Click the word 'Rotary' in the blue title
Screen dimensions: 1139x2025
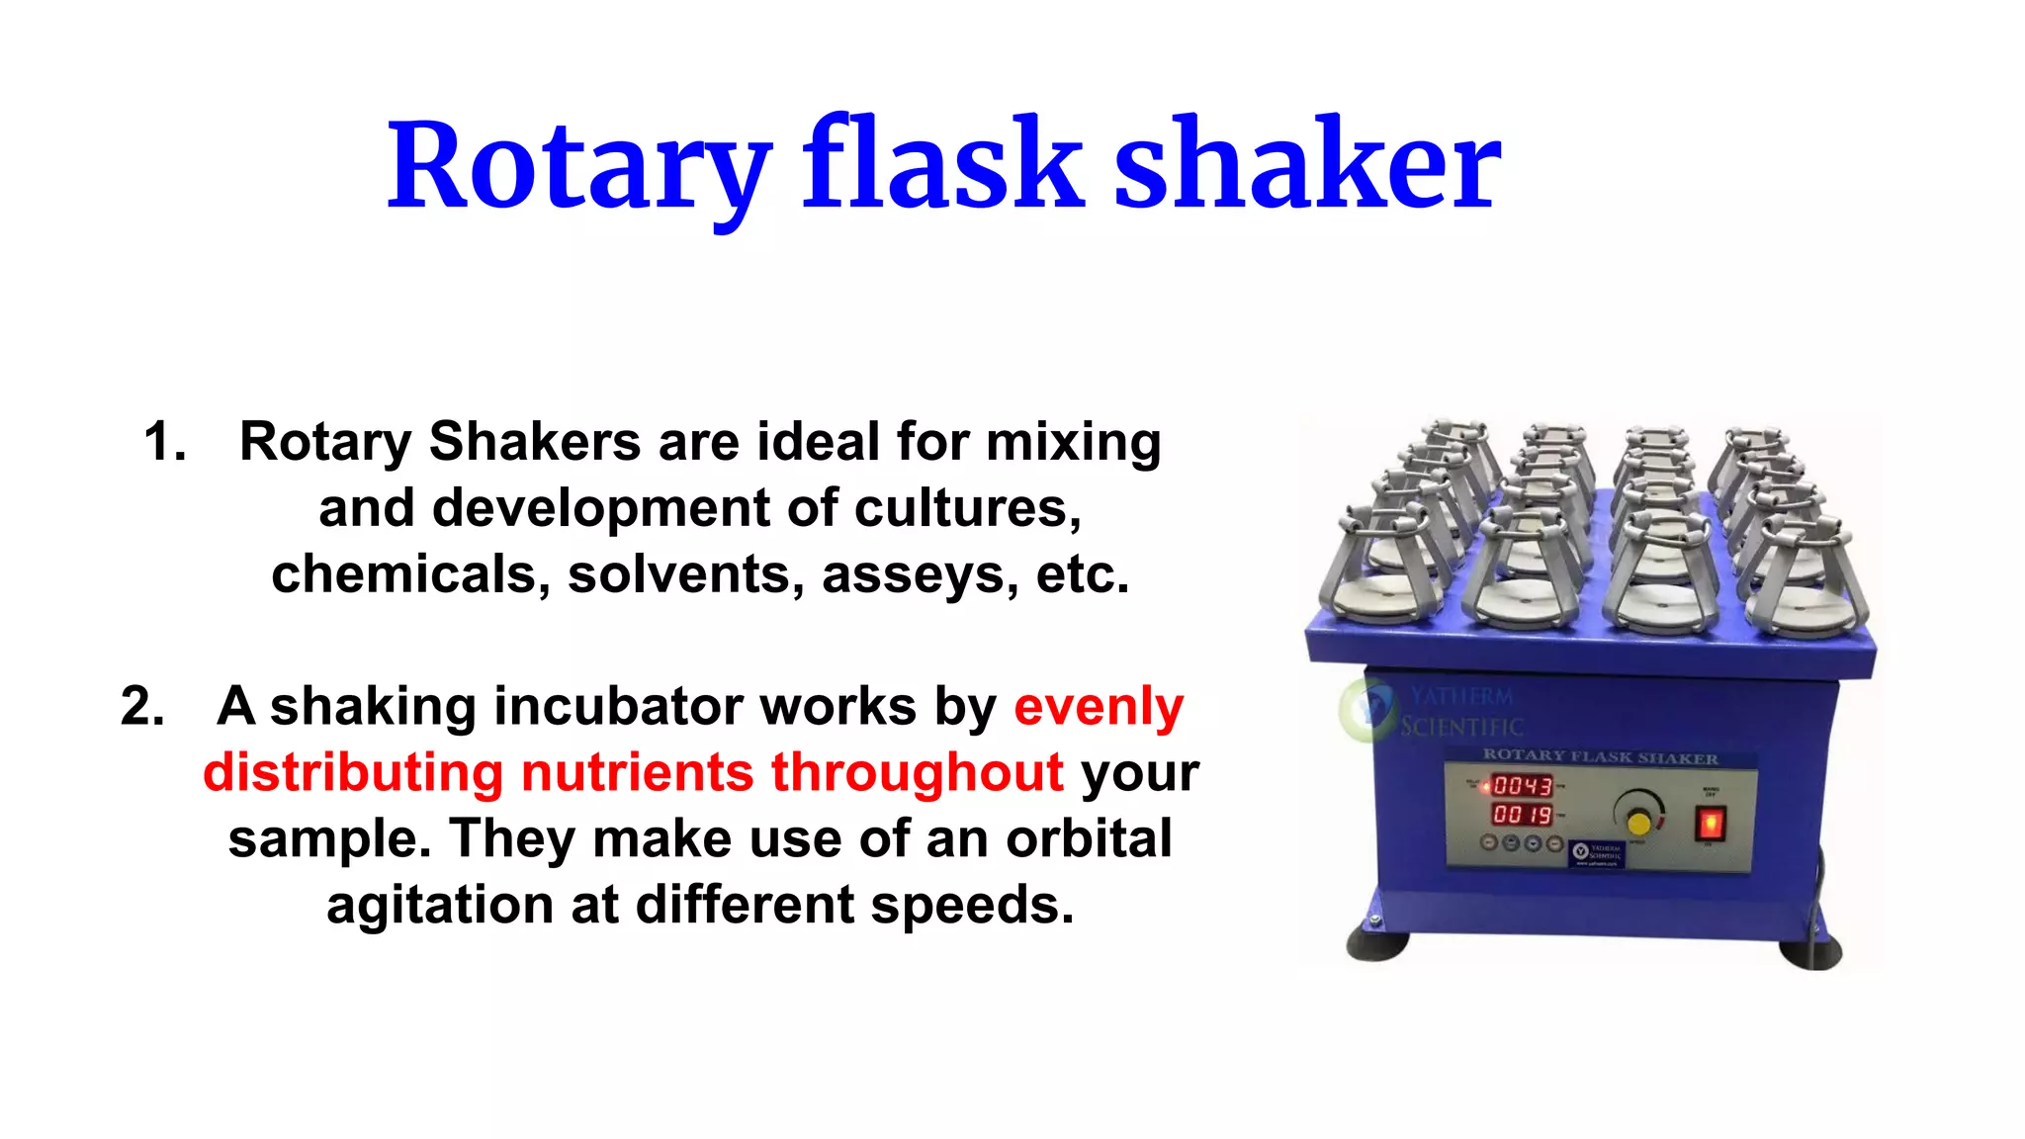coord(578,166)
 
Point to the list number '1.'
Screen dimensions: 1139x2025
coord(165,441)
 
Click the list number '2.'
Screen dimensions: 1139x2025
coord(142,706)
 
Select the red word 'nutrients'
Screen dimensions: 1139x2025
coord(637,772)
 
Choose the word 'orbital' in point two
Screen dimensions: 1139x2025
coord(1089,838)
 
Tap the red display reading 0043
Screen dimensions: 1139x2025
coord(1522,786)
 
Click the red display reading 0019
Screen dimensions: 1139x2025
coord(1522,815)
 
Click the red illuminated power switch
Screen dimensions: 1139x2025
coord(1711,822)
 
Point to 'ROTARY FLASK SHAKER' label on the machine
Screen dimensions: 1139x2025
coord(1600,757)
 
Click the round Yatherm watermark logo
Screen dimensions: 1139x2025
coord(1365,708)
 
